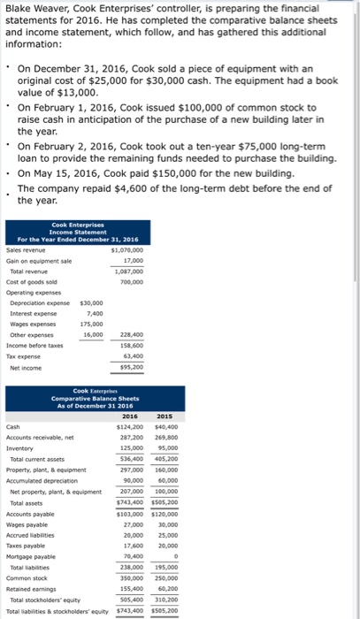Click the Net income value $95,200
tap(130, 366)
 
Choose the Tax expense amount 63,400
tap(132, 355)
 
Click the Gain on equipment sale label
tap(39, 261)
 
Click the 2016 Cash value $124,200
tap(130, 425)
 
